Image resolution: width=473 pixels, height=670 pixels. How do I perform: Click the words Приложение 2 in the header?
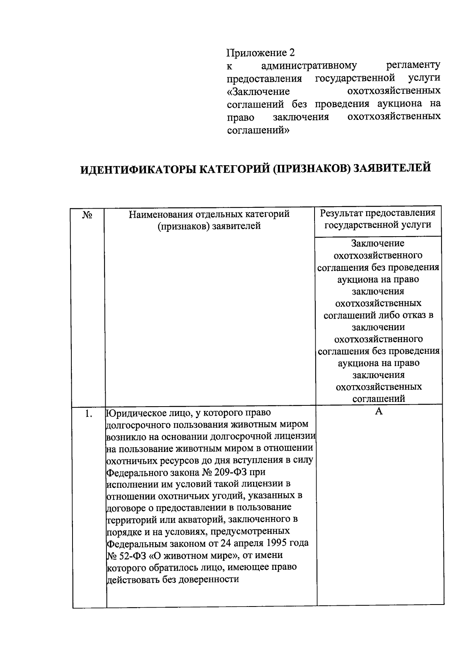coord(261,52)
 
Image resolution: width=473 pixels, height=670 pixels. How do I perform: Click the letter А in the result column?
coord(379,411)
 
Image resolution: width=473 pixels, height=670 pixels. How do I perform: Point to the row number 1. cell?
coord(89,414)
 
